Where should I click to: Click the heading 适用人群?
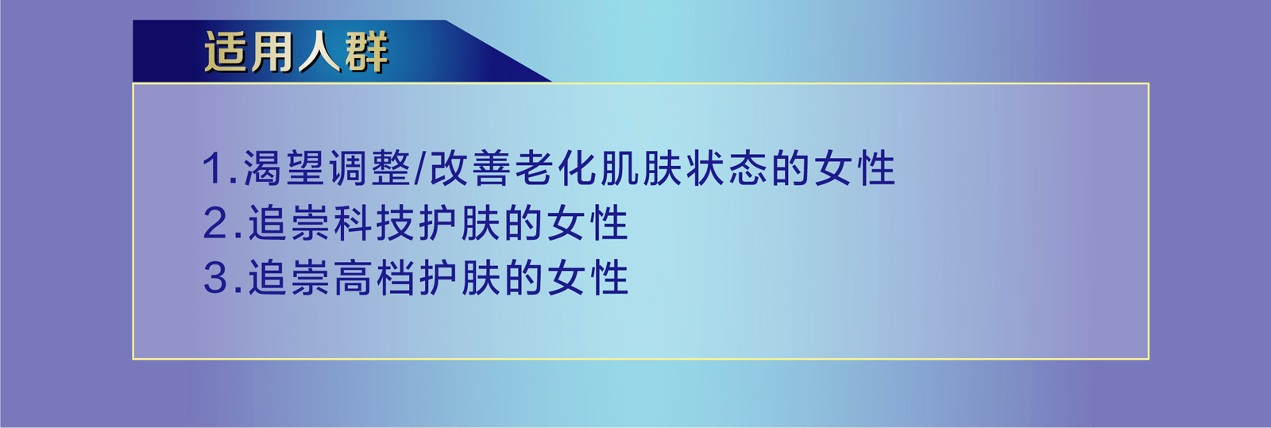point(296,52)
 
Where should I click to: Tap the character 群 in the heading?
point(366,52)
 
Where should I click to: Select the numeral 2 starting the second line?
point(215,223)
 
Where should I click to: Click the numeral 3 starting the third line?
point(215,278)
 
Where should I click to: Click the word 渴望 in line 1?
point(284,168)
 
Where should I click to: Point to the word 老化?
point(556,168)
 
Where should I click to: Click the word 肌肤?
point(641,168)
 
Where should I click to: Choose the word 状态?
point(727,168)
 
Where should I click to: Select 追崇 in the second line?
point(289,223)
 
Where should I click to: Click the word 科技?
point(374,223)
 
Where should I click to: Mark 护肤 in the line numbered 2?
point(460,223)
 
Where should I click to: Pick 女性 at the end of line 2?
point(589,223)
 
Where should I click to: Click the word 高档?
point(374,278)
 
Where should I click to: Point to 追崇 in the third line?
point(289,278)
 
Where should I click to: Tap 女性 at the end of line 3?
point(589,278)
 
